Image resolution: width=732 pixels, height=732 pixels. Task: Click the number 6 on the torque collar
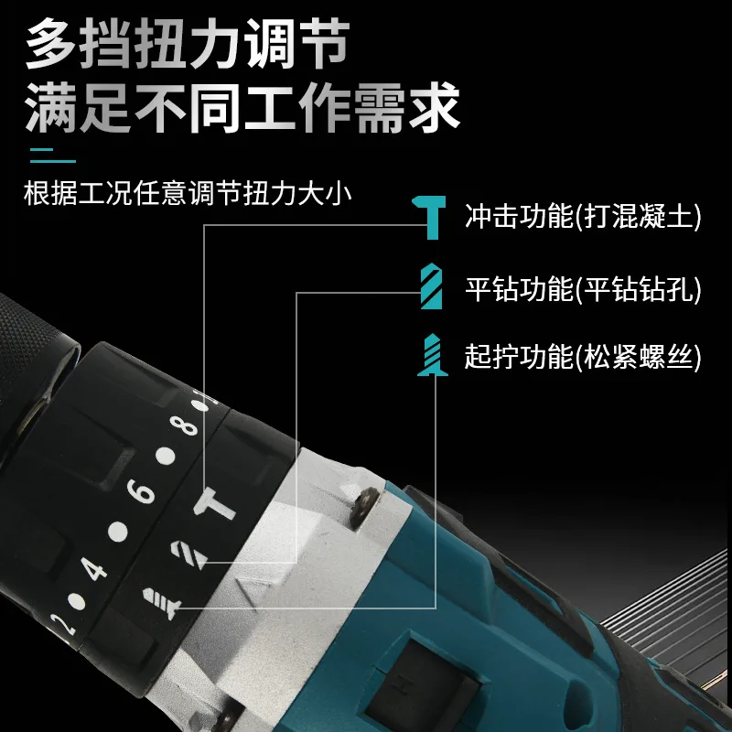pos(142,491)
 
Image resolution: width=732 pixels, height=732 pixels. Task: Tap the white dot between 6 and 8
pos(166,455)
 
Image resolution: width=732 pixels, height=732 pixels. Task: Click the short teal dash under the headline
pos(52,153)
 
